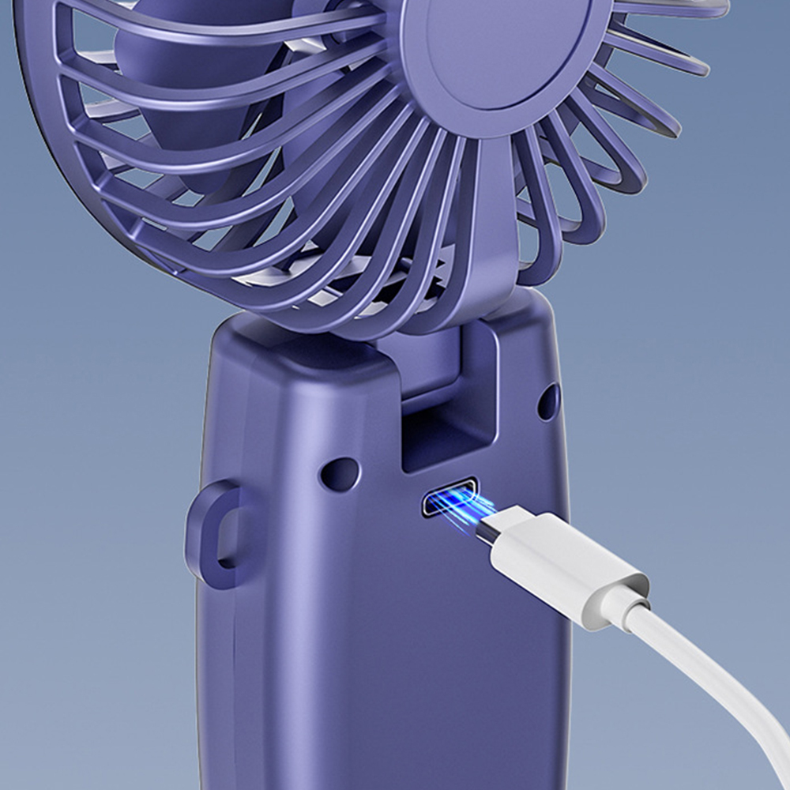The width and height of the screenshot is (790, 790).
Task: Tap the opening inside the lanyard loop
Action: pos(229,533)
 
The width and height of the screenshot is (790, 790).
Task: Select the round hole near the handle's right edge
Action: pos(548,401)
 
